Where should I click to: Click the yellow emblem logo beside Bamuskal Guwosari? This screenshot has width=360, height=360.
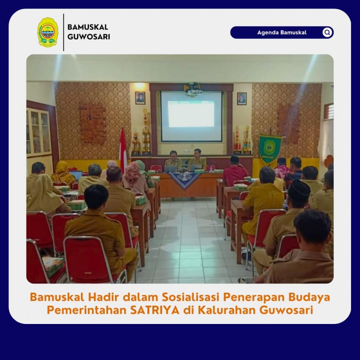[47, 32]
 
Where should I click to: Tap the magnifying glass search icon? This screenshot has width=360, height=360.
[327, 32]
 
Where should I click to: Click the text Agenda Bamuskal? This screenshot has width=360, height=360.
[282, 32]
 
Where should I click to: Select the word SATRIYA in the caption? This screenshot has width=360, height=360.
[155, 310]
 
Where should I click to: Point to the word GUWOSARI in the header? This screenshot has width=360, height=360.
[89, 37]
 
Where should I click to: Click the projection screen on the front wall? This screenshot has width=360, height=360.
[191, 117]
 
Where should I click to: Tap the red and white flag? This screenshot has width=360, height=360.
[123, 149]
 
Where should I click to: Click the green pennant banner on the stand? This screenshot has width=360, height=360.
[270, 148]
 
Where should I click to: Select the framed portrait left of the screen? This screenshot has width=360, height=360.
[140, 98]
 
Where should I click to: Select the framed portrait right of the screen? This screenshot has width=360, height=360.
[242, 99]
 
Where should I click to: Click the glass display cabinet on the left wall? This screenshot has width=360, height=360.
[39, 132]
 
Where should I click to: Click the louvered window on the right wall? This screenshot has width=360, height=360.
[329, 111]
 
